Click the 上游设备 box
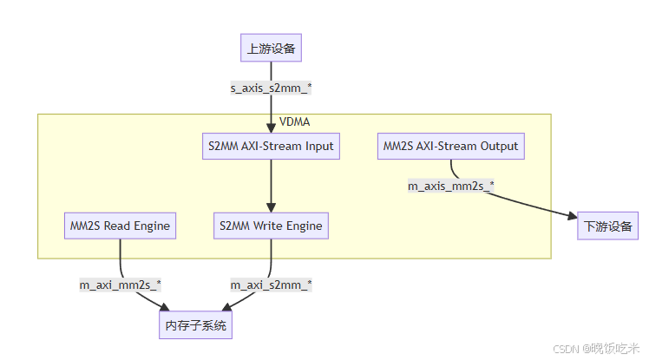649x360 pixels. pyautogui.click(x=271, y=49)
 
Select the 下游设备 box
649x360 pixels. pyautogui.click(x=607, y=226)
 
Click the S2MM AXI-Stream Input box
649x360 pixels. pyautogui.click(x=271, y=146)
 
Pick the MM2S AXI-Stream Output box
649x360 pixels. pyautogui.click(x=450, y=146)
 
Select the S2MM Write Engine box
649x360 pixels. pyautogui.click(x=271, y=226)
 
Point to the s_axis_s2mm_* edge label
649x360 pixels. pyautogui.click(x=271, y=88)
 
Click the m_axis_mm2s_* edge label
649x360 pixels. pyautogui.click(x=451, y=185)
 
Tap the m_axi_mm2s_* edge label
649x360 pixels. pyautogui.click(x=121, y=285)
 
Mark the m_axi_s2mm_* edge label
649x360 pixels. pyautogui.click(x=271, y=285)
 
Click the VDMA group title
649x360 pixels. pyautogui.click(x=294, y=121)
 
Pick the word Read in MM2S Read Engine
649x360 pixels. pyautogui.click(x=119, y=226)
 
